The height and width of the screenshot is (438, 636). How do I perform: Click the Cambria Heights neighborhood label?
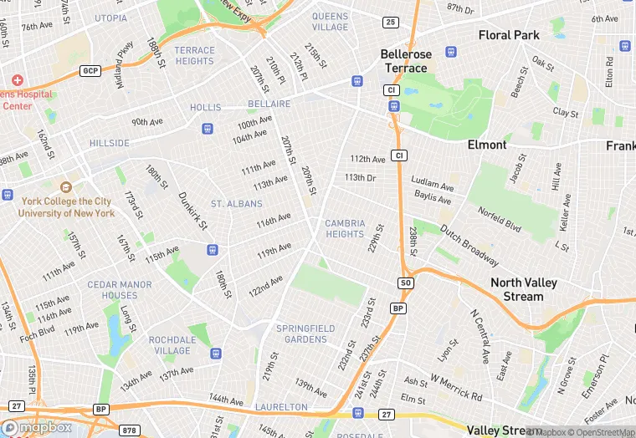344,228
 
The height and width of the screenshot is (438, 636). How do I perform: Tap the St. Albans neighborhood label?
236,204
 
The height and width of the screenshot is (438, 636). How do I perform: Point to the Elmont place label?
487,145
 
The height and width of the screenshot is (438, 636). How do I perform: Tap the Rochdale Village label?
175,345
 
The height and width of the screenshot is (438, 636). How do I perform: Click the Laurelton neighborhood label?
282,407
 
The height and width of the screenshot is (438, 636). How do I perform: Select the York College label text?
67,207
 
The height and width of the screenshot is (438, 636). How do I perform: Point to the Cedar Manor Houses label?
120,290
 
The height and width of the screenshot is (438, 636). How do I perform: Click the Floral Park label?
509,35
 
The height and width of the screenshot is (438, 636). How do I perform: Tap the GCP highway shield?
90,71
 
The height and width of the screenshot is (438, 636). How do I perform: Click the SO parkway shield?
406,284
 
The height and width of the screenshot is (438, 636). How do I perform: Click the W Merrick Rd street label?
456,388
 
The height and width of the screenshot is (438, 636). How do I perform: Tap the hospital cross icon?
17,79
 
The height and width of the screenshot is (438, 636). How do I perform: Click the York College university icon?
65,186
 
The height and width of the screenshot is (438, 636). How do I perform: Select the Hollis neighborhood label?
205,108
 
